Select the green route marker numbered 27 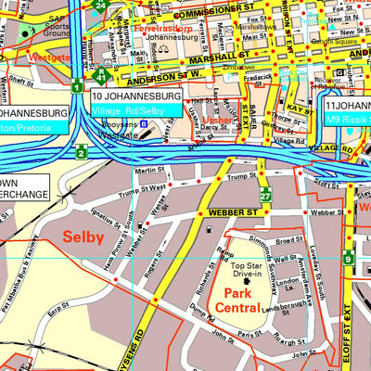click(x=265, y=196)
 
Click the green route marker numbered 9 click(x=348, y=259)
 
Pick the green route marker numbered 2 click(x=82, y=152)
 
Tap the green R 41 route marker click(x=99, y=76)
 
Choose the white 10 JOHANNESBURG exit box click(x=136, y=96)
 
